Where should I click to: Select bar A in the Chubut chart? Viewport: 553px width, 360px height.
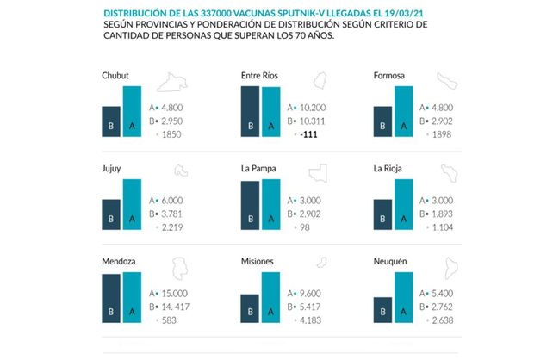132,111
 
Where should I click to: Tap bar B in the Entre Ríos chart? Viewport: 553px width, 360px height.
251,111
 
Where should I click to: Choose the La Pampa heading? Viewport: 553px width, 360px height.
258,169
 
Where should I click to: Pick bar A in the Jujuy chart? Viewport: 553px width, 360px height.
132,205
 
